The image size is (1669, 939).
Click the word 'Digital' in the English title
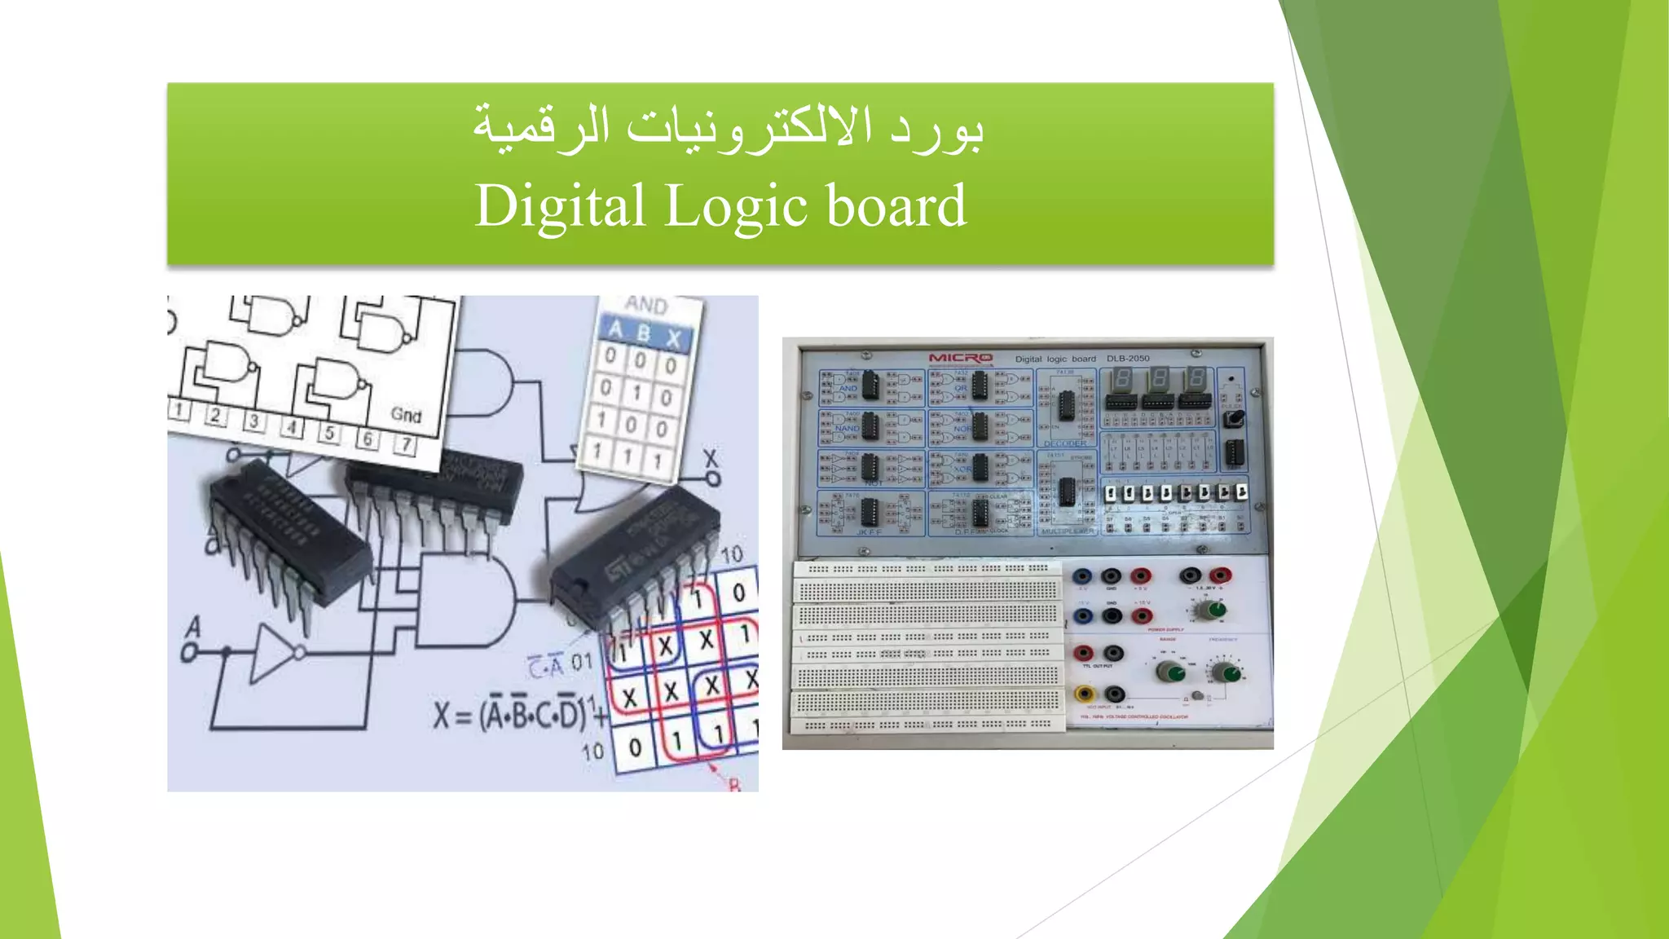click(561, 207)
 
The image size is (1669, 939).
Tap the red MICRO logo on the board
click(961, 358)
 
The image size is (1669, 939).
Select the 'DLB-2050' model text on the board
click(1128, 359)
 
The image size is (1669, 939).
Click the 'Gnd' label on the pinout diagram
click(406, 415)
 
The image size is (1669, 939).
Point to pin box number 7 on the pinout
click(405, 445)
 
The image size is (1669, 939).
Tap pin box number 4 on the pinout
click(291, 427)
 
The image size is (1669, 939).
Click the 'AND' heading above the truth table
click(646, 306)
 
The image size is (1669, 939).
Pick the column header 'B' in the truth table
click(644, 333)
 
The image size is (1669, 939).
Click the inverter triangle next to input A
click(273, 652)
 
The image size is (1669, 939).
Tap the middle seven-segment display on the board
click(1158, 379)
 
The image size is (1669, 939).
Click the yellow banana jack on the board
click(1085, 694)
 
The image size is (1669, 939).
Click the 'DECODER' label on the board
click(1065, 443)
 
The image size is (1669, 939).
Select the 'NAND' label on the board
click(847, 428)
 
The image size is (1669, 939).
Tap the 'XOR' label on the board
click(962, 469)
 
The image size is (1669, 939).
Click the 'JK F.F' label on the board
click(869, 532)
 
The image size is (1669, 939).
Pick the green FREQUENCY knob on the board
click(1225, 672)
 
